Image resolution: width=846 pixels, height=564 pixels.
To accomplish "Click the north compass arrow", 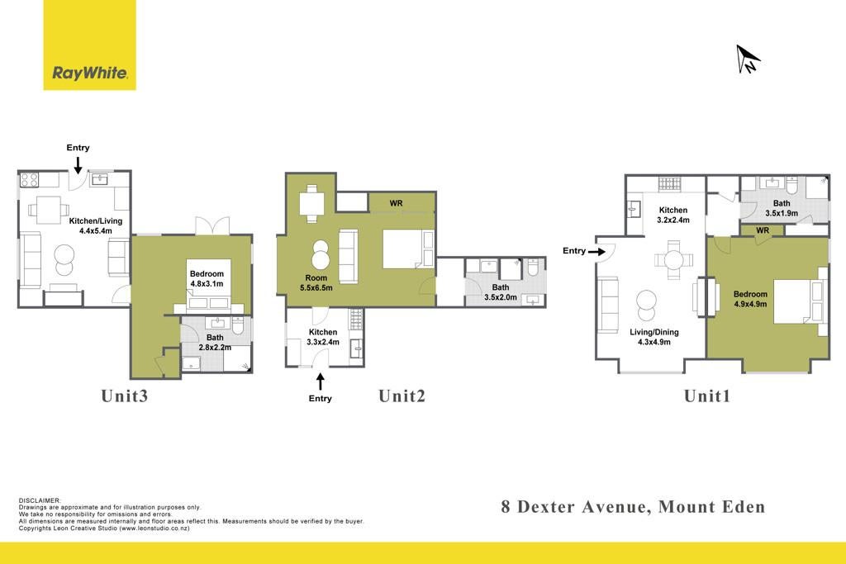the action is [748, 59].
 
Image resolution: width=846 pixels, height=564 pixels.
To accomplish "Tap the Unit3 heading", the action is [124, 396].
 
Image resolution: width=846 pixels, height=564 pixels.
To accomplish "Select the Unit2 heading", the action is [402, 396].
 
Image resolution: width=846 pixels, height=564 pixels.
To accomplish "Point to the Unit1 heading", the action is [707, 396].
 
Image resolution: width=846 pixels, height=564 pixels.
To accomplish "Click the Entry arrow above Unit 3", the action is [78, 165].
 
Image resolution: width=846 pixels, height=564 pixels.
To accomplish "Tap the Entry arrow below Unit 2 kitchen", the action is [320, 382].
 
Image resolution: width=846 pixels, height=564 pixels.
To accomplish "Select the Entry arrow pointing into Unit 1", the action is [596, 252].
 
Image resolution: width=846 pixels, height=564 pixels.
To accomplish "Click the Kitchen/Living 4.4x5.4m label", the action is [96, 226].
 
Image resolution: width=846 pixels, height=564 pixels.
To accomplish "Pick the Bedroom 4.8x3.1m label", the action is [207, 279].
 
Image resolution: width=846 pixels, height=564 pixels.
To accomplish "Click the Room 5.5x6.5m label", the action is [316, 283].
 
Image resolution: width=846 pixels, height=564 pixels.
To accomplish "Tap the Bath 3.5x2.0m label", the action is [500, 292].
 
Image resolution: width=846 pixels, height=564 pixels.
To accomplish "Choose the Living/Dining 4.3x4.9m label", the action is [654, 337].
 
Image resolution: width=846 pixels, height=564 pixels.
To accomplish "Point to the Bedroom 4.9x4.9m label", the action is [750, 299].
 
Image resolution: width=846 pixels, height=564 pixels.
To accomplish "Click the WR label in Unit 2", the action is [396, 203].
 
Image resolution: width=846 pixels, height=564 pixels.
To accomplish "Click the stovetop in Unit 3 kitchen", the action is [29, 179].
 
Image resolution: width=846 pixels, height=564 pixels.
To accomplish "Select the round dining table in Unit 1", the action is [673, 260].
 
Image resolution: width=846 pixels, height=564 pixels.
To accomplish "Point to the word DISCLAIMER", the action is [40, 501].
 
